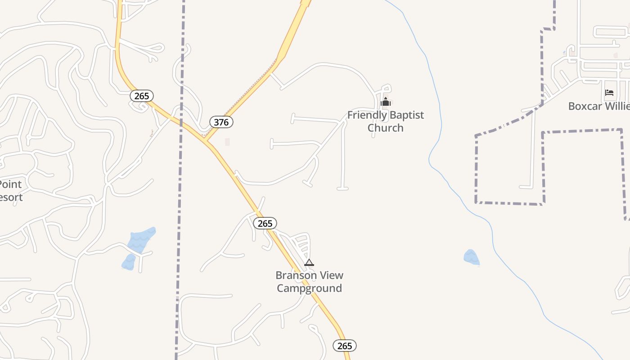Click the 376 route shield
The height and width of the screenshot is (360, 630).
pyautogui.click(x=221, y=122)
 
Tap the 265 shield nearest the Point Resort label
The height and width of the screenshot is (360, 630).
pyautogui.click(x=142, y=96)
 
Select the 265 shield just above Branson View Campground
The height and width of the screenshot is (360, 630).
pyautogui.click(x=265, y=223)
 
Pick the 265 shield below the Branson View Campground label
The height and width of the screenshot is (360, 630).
pyautogui.click(x=345, y=346)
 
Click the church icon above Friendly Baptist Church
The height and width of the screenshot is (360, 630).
pyautogui.click(x=385, y=102)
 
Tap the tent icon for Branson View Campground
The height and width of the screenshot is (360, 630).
pyautogui.click(x=309, y=262)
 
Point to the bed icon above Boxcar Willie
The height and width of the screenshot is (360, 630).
pyautogui.click(x=609, y=93)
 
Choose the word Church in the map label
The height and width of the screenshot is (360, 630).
pyautogui.click(x=385, y=128)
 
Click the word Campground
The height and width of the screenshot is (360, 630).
pyautogui.click(x=309, y=288)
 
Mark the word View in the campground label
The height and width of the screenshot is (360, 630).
pyautogui.click(x=333, y=275)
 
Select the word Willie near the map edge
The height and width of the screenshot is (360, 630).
pyautogui.click(x=617, y=106)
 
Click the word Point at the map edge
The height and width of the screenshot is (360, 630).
pyautogui.click(x=10, y=184)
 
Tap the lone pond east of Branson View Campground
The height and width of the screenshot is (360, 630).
pyautogui.click(x=471, y=257)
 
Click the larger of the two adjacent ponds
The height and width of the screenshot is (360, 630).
pyautogui.click(x=142, y=240)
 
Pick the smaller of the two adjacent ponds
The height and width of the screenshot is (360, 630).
pyautogui.click(x=129, y=262)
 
